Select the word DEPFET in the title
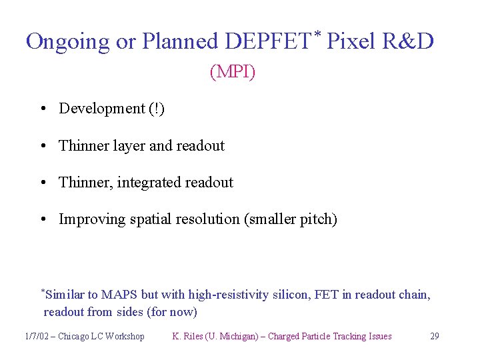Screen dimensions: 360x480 261,41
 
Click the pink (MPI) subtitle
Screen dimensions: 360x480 233,71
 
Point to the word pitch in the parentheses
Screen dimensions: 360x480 317,219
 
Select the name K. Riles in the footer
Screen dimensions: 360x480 188,336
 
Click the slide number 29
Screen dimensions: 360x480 434,336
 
